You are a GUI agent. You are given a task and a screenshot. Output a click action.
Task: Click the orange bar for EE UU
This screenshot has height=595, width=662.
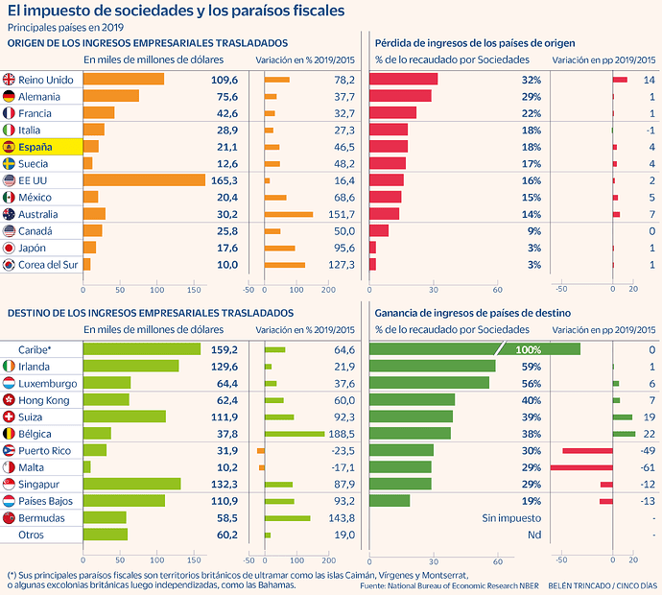144,179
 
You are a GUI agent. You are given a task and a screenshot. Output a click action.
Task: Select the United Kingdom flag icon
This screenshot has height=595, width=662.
10,79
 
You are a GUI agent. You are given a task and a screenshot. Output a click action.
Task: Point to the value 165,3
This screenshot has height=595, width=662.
224,179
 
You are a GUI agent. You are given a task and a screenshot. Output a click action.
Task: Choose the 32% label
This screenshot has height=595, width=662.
531,79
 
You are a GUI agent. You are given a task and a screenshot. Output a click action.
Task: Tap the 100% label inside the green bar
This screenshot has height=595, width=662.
529,349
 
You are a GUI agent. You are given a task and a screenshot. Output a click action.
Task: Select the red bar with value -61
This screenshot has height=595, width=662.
581,466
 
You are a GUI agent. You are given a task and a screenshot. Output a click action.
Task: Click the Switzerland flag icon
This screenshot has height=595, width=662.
10,416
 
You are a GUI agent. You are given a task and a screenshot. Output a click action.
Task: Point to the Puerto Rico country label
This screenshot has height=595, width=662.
44,450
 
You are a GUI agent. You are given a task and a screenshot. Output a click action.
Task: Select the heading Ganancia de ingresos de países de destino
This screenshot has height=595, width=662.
473,313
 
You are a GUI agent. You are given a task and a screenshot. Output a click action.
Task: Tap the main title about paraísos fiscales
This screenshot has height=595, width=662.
172,11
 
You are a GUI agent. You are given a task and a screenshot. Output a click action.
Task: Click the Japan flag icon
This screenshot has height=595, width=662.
10,247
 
